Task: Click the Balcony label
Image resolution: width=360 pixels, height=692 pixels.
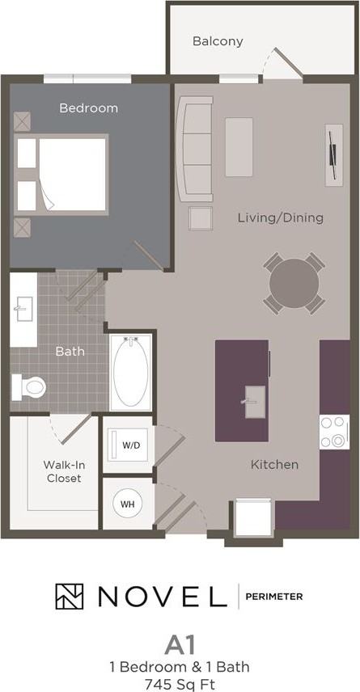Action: (218, 41)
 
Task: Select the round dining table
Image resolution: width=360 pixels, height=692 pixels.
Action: (294, 282)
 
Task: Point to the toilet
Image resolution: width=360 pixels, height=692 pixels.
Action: (31, 388)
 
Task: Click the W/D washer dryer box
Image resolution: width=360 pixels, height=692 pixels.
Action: (129, 445)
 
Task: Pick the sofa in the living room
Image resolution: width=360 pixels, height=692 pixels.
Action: (194, 150)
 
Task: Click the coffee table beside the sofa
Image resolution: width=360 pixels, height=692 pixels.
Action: (239, 147)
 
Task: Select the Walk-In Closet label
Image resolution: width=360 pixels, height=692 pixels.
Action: (62, 471)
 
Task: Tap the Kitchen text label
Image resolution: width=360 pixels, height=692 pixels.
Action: (274, 464)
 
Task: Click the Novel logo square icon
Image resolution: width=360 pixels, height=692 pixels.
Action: (70, 596)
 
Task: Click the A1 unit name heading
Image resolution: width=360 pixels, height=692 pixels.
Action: (180, 644)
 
